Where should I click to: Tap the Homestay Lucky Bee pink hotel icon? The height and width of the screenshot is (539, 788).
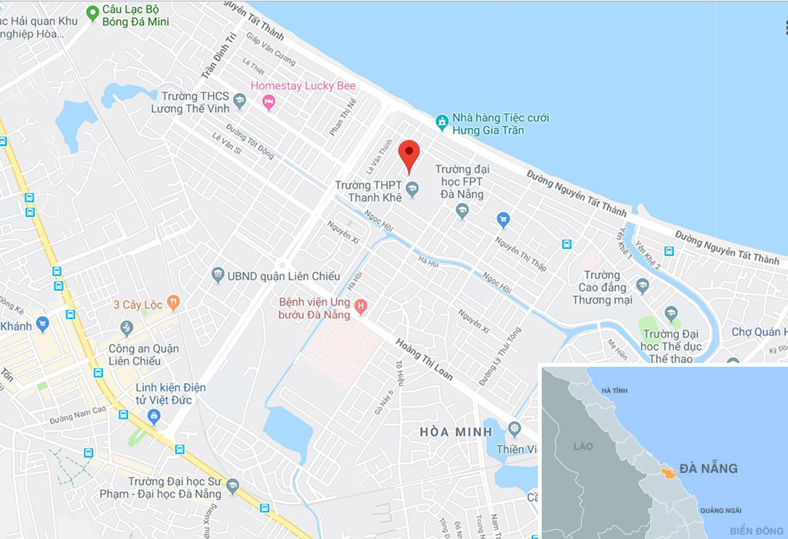269,102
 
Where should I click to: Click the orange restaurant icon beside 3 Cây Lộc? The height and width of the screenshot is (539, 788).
174,304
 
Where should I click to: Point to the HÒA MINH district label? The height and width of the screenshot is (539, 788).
456,432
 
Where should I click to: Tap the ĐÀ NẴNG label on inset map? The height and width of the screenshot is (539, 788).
708,468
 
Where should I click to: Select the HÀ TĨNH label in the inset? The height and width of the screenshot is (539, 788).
615,391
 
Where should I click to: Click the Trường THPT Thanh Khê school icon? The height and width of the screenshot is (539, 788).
412,187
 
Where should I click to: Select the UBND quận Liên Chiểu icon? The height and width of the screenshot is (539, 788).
218,274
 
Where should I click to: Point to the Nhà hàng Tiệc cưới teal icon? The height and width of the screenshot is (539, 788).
442,121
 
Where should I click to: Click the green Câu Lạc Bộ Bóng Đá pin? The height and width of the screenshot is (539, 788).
92,12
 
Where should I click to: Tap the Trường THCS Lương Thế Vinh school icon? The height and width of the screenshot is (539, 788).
239,101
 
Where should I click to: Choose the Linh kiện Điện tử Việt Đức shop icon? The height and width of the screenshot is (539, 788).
154,418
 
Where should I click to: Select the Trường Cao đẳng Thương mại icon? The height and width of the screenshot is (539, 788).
643,286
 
